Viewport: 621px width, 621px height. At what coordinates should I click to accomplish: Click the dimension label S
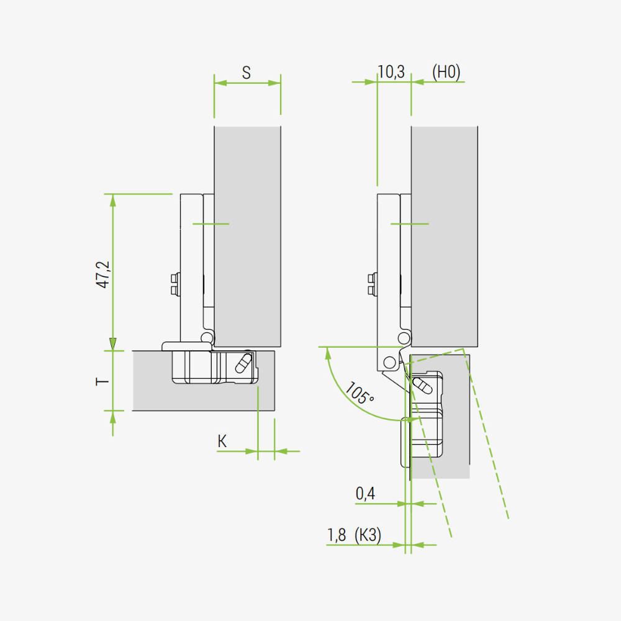point(246,73)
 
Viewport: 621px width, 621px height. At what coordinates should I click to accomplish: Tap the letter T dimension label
point(102,380)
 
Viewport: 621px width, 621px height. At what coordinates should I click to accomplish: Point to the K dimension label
point(222,442)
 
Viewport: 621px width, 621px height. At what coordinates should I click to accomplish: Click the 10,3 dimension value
point(391,72)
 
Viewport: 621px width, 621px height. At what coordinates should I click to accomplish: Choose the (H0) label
point(446,72)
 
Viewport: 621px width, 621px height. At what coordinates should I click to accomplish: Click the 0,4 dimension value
point(366,494)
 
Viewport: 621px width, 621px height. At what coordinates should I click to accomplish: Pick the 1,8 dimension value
point(337,535)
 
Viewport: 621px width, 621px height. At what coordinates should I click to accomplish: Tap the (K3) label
point(368,535)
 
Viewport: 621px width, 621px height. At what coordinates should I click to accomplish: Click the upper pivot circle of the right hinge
point(404,338)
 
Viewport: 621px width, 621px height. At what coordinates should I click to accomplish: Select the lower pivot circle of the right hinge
point(389,361)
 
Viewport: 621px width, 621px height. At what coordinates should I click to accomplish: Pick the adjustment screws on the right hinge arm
point(372,284)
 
